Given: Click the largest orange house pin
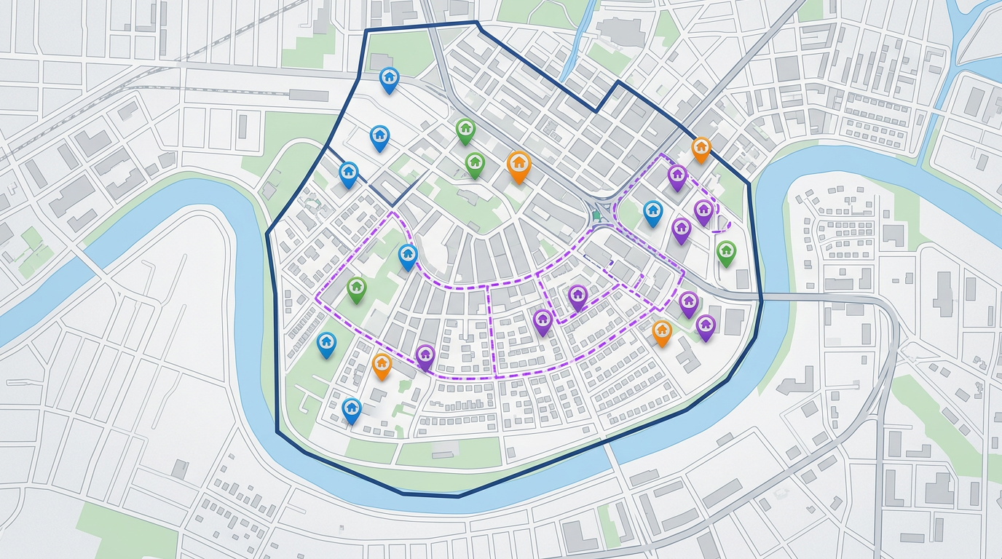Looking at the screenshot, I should (518, 165).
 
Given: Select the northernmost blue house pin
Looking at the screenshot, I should (390, 79).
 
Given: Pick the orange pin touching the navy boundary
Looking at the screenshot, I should (701, 148).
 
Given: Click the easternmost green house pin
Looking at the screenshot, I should (726, 252).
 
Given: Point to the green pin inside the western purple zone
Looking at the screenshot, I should (356, 288).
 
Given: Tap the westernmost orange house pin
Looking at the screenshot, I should (382, 365).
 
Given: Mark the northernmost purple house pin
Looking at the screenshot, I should (677, 175).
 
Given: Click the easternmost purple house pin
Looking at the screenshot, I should (705, 326).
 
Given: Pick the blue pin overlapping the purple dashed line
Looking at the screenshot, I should (408, 255).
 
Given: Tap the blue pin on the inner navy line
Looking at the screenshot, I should (349, 173).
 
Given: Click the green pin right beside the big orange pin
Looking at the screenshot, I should (475, 164).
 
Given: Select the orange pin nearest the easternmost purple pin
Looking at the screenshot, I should (662, 332).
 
